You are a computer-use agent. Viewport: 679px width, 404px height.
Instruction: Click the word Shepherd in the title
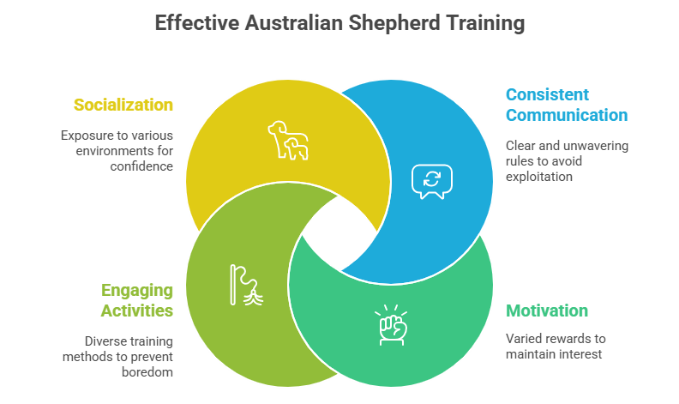pyautogui.click(x=394, y=23)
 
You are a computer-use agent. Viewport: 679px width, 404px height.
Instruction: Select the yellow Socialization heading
pyautogui.click(x=123, y=105)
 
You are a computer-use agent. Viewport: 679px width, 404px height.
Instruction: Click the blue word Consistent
pyautogui.click(x=547, y=94)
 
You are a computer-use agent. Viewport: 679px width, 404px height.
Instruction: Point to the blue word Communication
pyautogui.click(x=567, y=115)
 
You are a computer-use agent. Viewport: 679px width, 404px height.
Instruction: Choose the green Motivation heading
pyautogui.click(x=547, y=311)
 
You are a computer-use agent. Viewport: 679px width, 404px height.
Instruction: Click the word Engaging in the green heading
pyautogui.click(x=137, y=291)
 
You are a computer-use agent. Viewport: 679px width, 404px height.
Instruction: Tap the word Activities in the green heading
pyautogui.click(x=137, y=311)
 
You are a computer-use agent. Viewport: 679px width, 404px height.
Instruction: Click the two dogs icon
pyautogui.click(x=288, y=141)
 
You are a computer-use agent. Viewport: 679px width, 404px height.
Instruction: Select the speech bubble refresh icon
pyautogui.click(x=432, y=182)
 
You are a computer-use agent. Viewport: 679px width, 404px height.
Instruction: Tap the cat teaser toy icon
pyautogui.click(x=246, y=285)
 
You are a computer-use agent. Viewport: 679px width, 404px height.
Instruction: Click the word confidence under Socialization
pyautogui.click(x=141, y=166)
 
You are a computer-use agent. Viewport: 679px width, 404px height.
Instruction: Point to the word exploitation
pyautogui.click(x=539, y=177)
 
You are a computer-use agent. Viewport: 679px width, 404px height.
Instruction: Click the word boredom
pyautogui.click(x=147, y=372)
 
